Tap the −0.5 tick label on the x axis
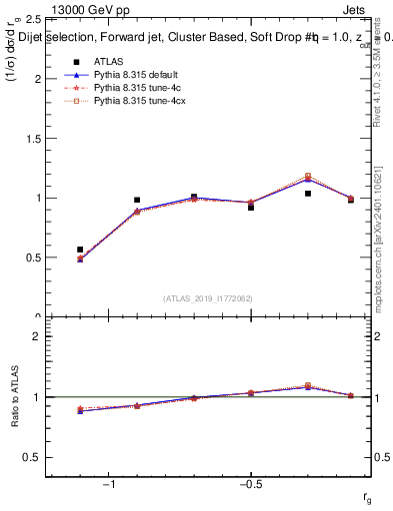[248, 486]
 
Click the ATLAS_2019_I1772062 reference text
[208, 297]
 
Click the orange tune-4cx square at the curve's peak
[308, 176]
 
